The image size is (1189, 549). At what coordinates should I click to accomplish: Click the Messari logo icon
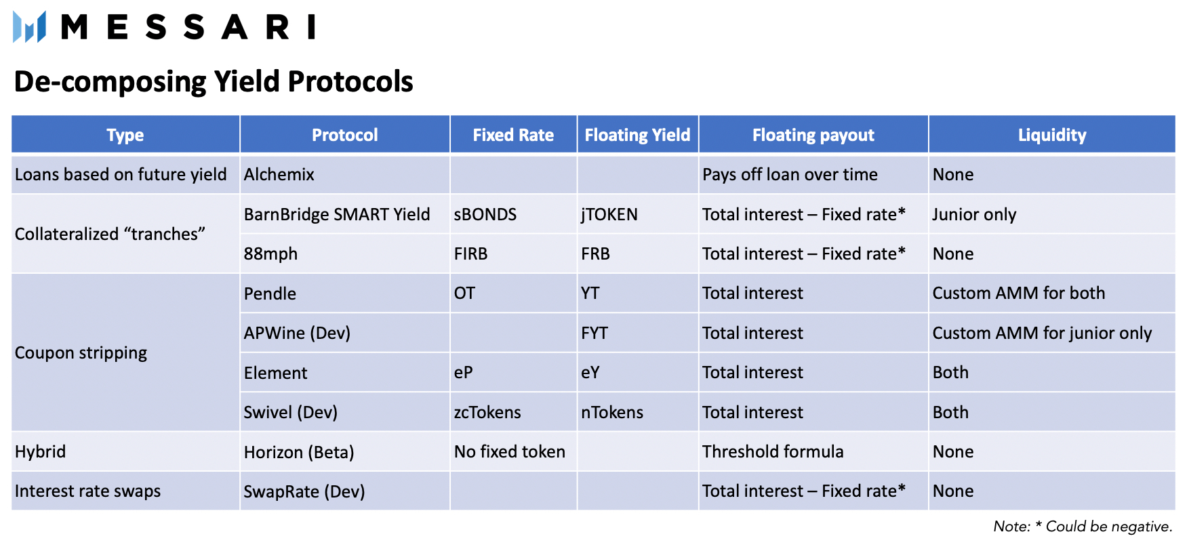[x=29, y=27]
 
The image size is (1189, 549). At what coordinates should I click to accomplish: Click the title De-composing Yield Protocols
[x=214, y=81]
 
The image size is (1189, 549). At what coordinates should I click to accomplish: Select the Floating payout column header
[x=813, y=135]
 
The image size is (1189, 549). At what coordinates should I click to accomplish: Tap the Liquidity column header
[x=1052, y=135]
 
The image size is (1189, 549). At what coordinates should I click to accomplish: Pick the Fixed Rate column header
[x=513, y=135]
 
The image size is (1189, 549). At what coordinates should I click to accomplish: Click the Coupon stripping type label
[x=81, y=353]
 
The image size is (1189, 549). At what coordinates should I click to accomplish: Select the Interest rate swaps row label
[x=87, y=491]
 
